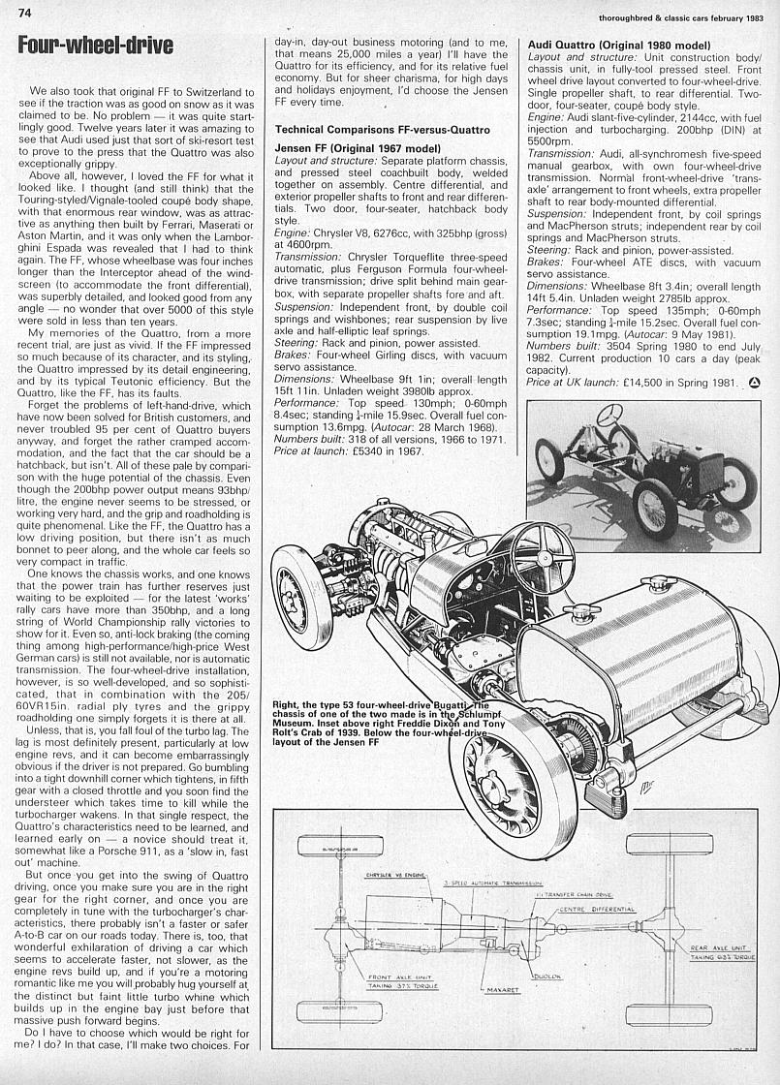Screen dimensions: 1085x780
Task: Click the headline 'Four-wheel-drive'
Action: point(96,45)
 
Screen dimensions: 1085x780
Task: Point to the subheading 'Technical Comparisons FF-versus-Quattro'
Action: point(383,129)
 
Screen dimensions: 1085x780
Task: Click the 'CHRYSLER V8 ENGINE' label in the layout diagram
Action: point(371,875)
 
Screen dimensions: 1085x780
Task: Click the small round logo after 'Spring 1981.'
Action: point(755,384)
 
